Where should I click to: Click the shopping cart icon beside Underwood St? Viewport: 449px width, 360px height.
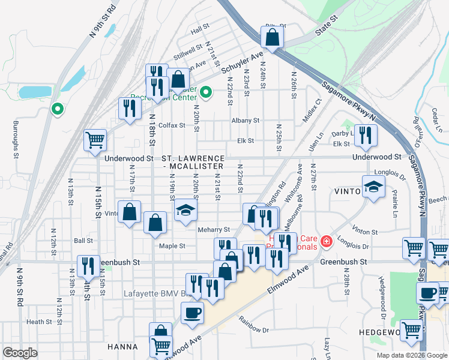point(95,140)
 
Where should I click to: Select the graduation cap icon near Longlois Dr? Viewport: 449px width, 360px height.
point(373,186)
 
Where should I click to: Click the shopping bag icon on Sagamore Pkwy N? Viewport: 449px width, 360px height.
point(273,37)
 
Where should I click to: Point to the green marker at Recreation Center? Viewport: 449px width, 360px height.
point(206,92)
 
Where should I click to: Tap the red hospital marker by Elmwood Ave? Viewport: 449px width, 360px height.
point(326,242)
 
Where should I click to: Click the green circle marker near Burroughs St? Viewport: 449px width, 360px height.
point(57,109)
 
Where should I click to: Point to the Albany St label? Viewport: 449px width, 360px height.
point(246,121)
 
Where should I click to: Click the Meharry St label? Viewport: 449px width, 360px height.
point(214,230)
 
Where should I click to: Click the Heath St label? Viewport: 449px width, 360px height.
point(39,322)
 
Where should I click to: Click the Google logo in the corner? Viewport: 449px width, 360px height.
point(20,353)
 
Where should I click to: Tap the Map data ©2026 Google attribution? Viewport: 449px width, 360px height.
point(400,355)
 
